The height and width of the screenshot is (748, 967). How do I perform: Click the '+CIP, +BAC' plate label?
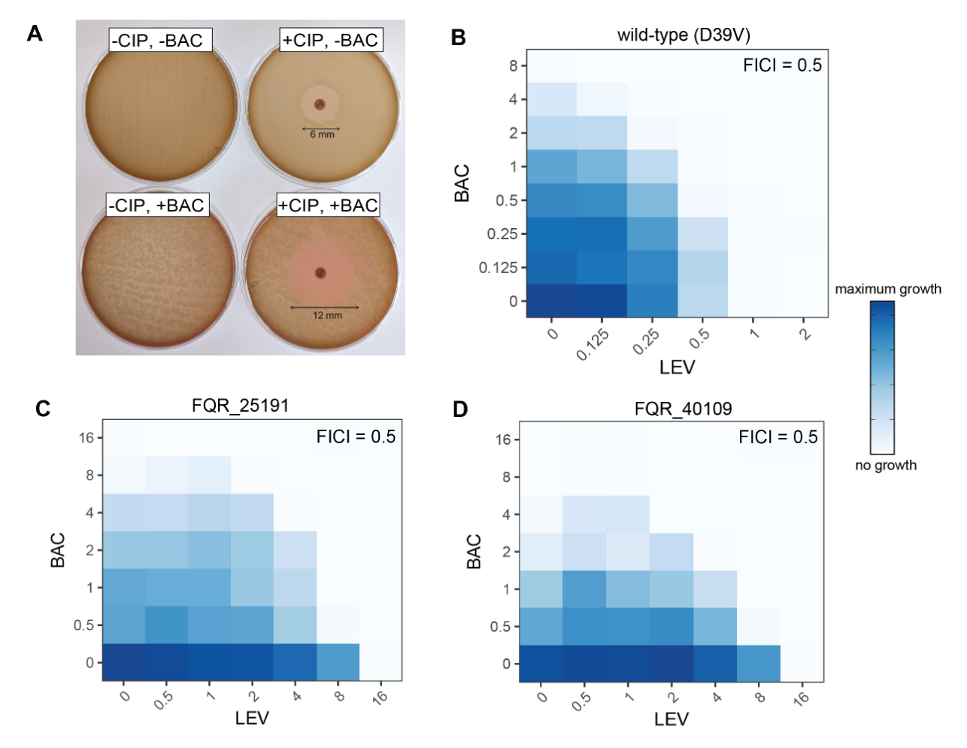(328, 205)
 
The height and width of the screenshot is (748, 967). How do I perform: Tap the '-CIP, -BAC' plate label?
(158, 41)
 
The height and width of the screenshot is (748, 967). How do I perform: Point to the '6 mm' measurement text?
(322, 135)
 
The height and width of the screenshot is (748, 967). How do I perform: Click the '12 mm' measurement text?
(327, 315)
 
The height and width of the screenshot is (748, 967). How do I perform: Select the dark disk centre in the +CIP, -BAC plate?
(320, 105)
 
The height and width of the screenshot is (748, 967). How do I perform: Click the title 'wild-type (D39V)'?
(683, 35)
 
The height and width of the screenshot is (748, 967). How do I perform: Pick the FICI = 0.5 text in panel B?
(782, 65)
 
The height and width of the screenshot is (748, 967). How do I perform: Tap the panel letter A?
(35, 33)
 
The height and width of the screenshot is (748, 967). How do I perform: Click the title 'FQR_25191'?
(240, 406)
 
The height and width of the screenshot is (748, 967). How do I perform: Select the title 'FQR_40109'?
(683, 409)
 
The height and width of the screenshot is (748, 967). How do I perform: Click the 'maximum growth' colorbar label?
(887, 289)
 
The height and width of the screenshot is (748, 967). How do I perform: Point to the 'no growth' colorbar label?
(885, 465)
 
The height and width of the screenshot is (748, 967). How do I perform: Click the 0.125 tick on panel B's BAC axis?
(498, 268)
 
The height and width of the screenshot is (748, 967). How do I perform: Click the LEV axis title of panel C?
(251, 718)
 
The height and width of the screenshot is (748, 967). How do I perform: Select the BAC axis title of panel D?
(474, 552)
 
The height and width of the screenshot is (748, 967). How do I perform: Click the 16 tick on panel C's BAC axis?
(86, 437)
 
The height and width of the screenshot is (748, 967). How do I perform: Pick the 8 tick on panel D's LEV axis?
(760, 697)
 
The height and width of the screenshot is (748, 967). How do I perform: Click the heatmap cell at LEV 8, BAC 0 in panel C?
(338, 662)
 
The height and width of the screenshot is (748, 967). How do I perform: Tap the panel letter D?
(460, 409)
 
